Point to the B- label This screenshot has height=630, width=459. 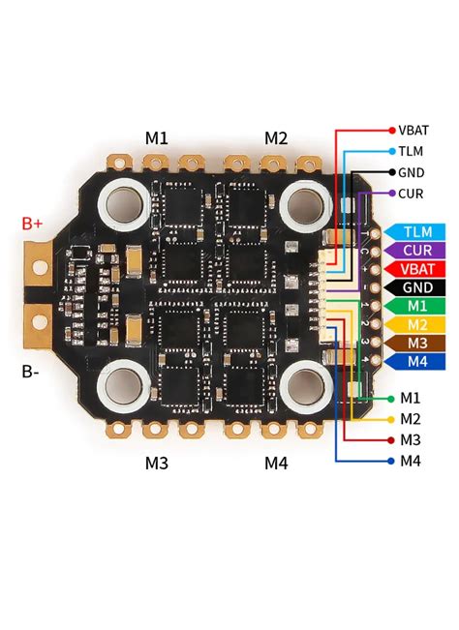pos(32,370)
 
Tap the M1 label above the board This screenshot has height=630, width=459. pos(157,138)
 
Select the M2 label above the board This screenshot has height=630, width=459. pos(276,138)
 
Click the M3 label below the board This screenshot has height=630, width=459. pos(157,464)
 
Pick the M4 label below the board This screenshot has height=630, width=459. pos(276,464)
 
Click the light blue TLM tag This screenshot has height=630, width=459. pos(417,232)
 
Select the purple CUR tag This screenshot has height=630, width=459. pos(417,251)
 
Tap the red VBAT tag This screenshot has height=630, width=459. pos(417,269)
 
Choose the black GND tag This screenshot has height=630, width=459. pos(417,287)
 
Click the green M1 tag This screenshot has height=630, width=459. pos(417,306)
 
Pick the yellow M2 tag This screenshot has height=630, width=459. pos(417,324)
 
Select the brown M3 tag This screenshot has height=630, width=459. pos(417,343)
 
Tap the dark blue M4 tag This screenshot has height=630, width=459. pos(417,361)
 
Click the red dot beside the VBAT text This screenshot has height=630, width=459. pos(390,130)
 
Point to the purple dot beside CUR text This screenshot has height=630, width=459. pos(390,194)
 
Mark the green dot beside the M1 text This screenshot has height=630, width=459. pos(390,398)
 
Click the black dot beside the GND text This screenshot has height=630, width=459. pos(390,172)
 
